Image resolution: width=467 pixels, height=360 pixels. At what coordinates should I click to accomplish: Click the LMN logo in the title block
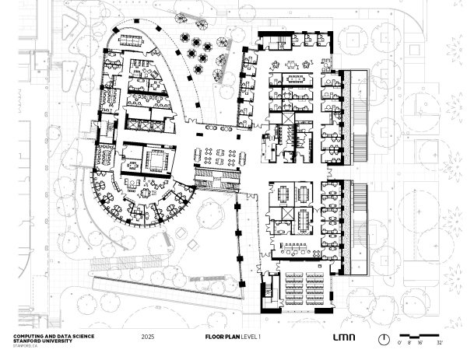342,338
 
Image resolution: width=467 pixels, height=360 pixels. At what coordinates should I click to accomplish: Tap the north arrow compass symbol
384,339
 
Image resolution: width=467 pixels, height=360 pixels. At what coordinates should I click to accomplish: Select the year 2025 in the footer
148,338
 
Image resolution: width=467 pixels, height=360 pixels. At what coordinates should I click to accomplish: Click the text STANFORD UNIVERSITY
42,339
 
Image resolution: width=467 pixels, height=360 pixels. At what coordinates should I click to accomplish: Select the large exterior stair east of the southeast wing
359,222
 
